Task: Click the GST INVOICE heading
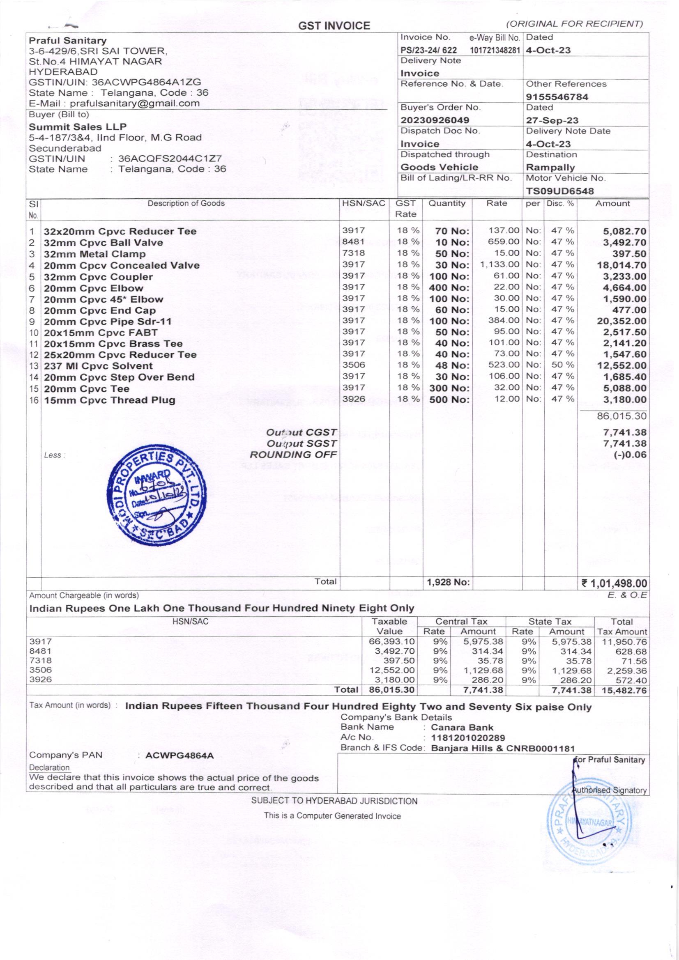click(334, 26)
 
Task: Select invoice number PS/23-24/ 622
click(428, 51)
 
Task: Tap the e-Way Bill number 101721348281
click(495, 51)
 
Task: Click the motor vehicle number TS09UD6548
click(560, 191)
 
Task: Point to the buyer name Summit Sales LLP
click(77, 127)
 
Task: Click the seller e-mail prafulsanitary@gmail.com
click(135, 103)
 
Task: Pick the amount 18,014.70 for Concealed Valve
click(621, 265)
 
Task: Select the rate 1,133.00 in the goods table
click(499, 264)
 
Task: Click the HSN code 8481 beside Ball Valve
click(354, 241)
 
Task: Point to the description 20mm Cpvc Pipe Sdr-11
click(108, 322)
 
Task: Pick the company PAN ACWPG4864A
click(179, 756)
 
